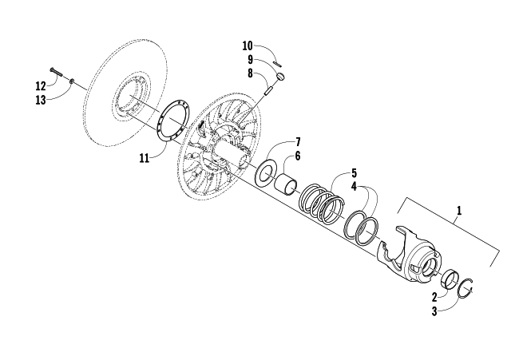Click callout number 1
(x=459, y=210)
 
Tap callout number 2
(x=434, y=297)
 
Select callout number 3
(x=434, y=311)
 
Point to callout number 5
(x=355, y=172)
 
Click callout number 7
(x=298, y=142)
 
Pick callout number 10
(x=248, y=45)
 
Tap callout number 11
(x=145, y=158)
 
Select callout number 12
(x=41, y=86)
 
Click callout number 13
(x=41, y=100)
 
